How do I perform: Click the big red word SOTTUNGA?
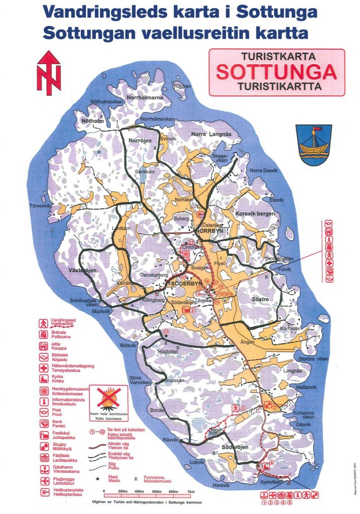point(276,72)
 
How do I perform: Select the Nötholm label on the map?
point(92,121)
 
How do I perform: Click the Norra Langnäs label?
point(211,134)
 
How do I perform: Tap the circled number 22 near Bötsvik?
point(166,331)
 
